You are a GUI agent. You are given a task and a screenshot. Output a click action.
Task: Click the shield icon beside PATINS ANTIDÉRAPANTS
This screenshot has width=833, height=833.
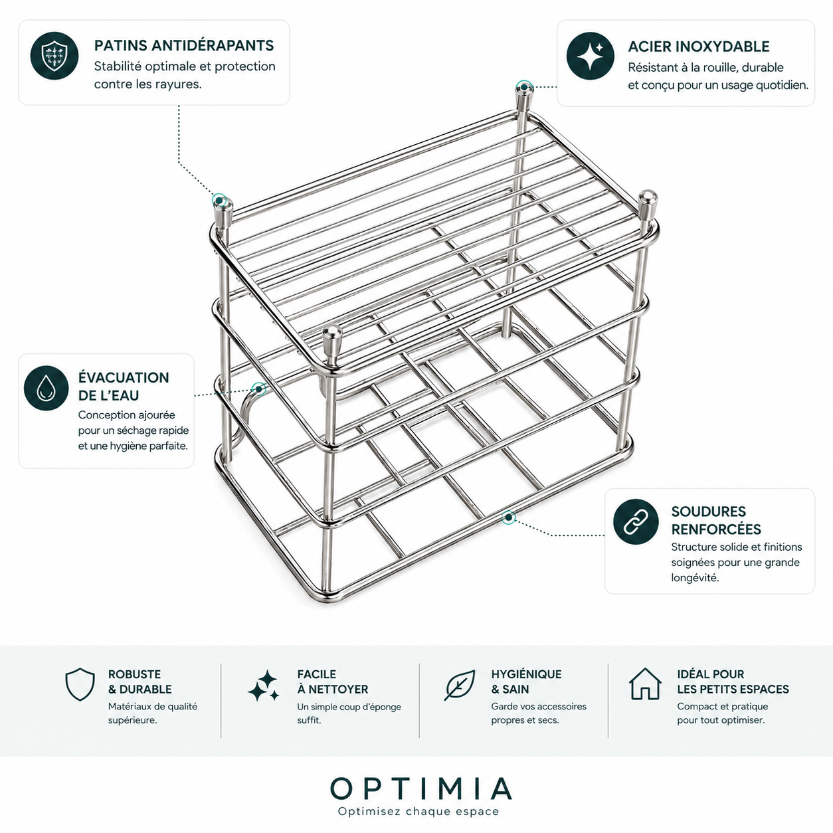tap(54, 56)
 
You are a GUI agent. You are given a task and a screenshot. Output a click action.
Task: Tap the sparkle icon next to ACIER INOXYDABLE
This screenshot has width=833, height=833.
tap(590, 56)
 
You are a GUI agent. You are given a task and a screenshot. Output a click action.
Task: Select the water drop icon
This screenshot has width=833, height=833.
tap(46, 388)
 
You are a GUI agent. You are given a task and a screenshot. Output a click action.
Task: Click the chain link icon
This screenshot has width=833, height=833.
tap(636, 521)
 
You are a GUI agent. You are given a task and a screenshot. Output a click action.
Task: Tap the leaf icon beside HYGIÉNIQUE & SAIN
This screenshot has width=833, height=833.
tap(460, 685)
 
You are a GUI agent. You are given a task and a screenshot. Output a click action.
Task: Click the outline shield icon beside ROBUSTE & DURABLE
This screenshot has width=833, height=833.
tap(80, 684)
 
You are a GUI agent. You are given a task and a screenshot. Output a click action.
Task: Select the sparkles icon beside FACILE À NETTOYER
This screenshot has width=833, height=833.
tap(264, 686)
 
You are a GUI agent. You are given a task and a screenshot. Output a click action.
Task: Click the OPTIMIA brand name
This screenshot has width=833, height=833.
tap(421, 788)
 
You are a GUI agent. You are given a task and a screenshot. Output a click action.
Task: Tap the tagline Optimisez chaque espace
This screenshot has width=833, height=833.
tap(418, 811)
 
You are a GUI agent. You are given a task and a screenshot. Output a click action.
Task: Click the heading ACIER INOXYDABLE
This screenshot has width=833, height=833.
tap(699, 46)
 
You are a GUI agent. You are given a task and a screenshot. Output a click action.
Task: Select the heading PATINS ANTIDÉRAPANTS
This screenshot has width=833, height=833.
tap(184, 45)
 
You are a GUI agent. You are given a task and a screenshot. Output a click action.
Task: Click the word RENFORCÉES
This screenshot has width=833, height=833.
tap(716, 529)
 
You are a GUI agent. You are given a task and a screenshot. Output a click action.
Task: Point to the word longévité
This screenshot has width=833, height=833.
tap(695, 577)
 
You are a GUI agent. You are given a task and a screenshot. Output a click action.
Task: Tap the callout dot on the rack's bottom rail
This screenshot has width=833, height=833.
tap(509, 517)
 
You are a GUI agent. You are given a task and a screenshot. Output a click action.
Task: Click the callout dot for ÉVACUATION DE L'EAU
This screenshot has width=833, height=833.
tap(259, 389)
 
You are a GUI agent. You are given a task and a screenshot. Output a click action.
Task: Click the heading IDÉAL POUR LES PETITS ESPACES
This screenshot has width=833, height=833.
tap(733, 682)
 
